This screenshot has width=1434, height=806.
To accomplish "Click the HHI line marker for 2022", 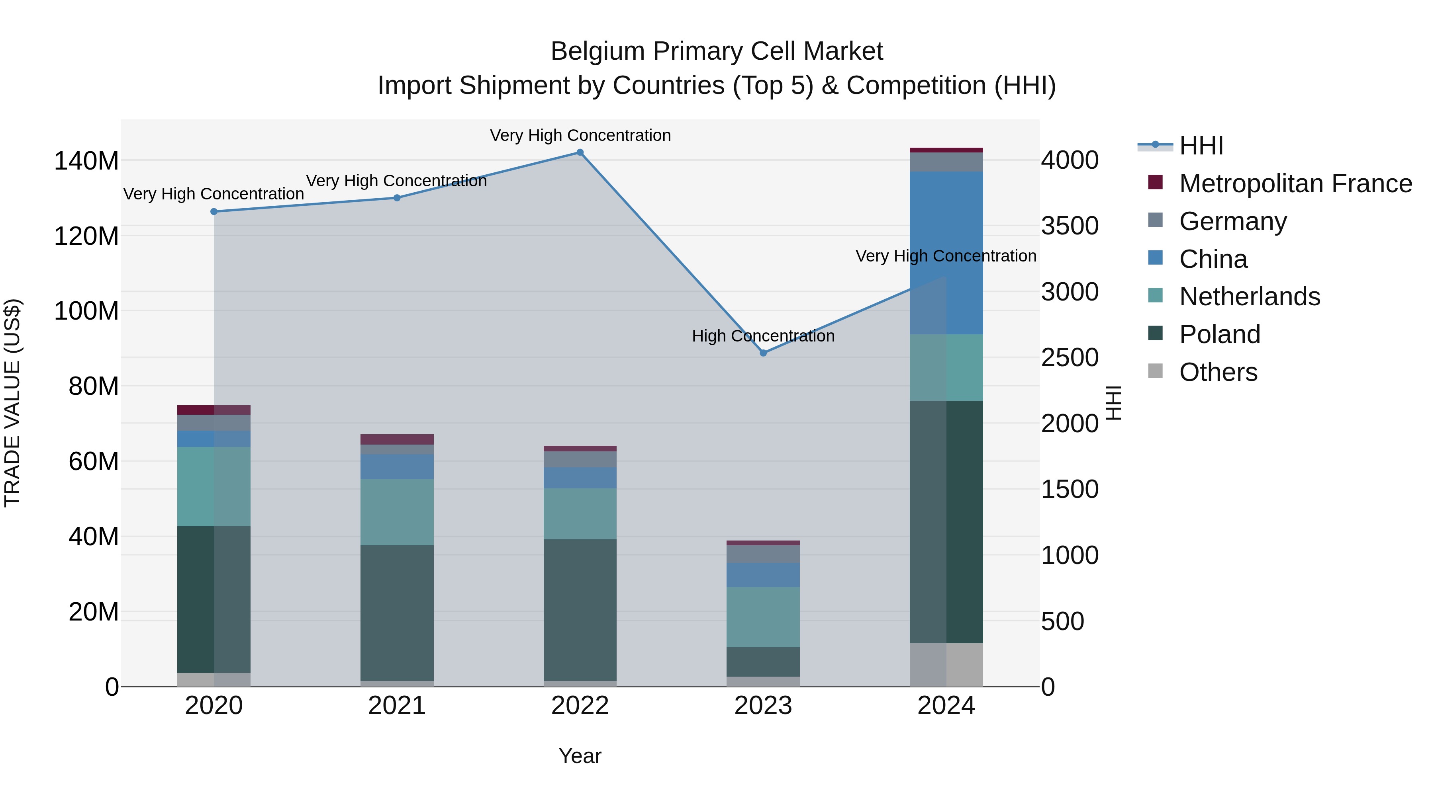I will pyautogui.click(x=580, y=152).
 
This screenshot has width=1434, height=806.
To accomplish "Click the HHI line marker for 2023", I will pyautogui.click(x=763, y=353).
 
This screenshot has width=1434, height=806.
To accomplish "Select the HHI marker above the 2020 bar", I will pyautogui.click(x=214, y=212).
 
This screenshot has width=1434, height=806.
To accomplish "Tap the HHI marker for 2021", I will pyautogui.click(x=397, y=198).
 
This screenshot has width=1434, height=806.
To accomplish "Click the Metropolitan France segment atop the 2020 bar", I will pyautogui.click(x=214, y=410).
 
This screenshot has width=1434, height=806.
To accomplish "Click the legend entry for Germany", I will pyautogui.click(x=1232, y=221).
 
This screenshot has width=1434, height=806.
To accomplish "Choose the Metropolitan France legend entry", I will pyautogui.click(x=1295, y=183).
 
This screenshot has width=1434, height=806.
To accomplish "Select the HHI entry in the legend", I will pyautogui.click(x=1201, y=146).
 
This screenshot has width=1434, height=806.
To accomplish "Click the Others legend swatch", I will pyautogui.click(x=1156, y=371).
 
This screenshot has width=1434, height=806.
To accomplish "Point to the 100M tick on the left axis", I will pyautogui.click(x=86, y=311).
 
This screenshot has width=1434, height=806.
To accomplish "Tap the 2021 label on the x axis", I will pyautogui.click(x=397, y=706).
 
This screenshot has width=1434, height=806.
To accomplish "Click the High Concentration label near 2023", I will pyautogui.click(x=763, y=336).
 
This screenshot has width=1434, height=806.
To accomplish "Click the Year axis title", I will pyautogui.click(x=580, y=756).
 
